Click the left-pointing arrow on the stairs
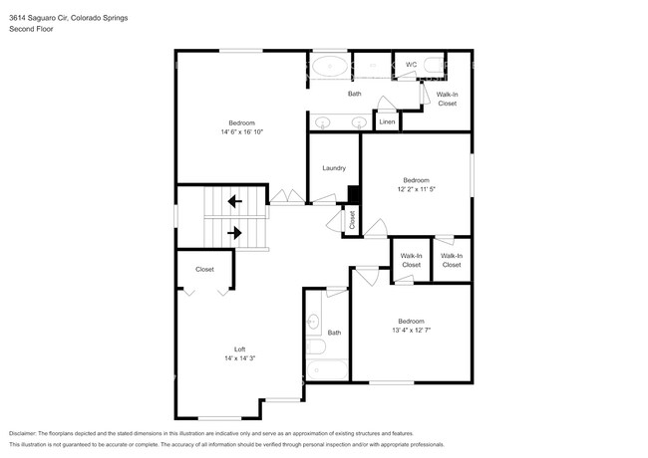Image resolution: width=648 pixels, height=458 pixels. pos(235,202)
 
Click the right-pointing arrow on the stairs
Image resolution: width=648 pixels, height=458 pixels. pos(234,233)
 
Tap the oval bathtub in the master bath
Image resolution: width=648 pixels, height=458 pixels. pos(330,66)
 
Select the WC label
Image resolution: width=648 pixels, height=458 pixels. pos(411,65)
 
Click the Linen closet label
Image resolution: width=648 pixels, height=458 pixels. pos(387,122)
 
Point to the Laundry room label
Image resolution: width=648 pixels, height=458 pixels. pos(334,168)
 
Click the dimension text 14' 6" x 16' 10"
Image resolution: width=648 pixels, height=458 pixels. pos(242,132)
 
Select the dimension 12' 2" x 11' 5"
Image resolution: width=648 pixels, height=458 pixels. pos(416,189)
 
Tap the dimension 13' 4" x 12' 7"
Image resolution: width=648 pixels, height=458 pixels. pos(411,331)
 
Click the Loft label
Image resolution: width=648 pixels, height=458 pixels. pos(239,349)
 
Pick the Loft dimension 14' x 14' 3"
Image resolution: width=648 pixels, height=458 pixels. pos(239,358)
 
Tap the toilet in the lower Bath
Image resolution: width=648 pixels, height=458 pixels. pos(316,346)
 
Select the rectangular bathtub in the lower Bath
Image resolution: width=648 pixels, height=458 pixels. pos(327,370)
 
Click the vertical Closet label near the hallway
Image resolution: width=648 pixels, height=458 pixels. pos(352,220)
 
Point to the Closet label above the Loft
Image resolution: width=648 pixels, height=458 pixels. pos(204,270)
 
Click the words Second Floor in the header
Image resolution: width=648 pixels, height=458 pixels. pos(31,29)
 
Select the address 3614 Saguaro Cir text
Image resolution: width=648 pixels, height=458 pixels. pos(39,18)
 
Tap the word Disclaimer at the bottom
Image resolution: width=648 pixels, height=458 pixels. pos(23,434)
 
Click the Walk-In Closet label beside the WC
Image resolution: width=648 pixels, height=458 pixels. pos(448,99)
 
